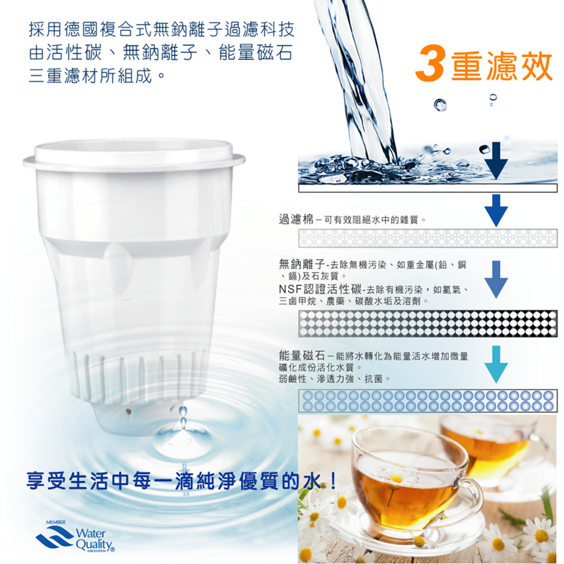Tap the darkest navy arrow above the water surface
point(496,160)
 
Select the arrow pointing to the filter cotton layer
point(496,210)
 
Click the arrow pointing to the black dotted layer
point(496,280)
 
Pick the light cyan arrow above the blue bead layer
point(496,364)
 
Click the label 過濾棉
point(296,219)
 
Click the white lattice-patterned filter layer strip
point(428,238)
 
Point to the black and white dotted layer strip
point(428,323)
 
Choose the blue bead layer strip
point(428,400)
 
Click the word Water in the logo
point(91,533)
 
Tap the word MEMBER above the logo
point(56,522)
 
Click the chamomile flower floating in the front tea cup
point(396,478)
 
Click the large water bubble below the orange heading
point(440,105)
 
